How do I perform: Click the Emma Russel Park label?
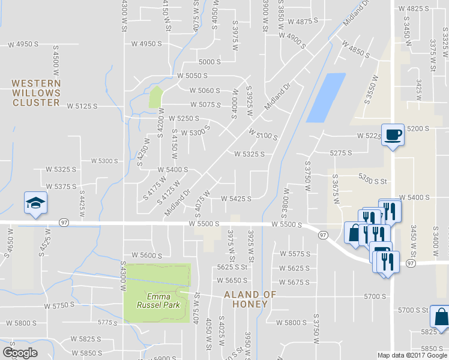[x=157, y=301]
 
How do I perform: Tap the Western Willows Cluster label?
[x=36, y=93]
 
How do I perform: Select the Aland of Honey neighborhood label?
[x=250, y=300]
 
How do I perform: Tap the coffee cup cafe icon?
[x=393, y=134]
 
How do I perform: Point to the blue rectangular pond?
[x=326, y=97]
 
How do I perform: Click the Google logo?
[x=20, y=353]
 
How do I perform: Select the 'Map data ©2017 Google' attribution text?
[x=411, y=355]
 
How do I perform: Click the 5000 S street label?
[x=210, y=62]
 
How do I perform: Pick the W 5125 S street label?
[x=82, y=106]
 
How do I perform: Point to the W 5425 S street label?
[x=236, y=199]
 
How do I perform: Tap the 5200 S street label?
[x=418, y=129]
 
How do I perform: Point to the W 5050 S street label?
[x=192, y=76]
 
